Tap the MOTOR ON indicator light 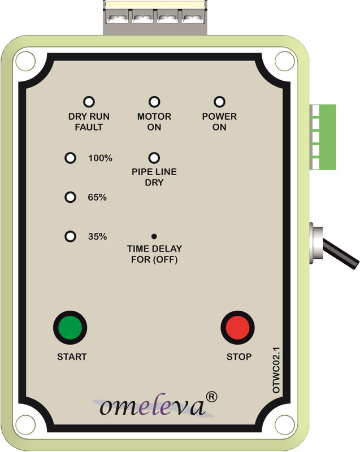[154, 102]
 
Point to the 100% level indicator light [70, 158]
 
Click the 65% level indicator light [70, 197]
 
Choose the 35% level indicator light [70, 237]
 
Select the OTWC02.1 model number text [276, 370]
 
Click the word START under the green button [72, 357]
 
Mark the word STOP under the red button [239, 357]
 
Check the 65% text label [98, 198]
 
